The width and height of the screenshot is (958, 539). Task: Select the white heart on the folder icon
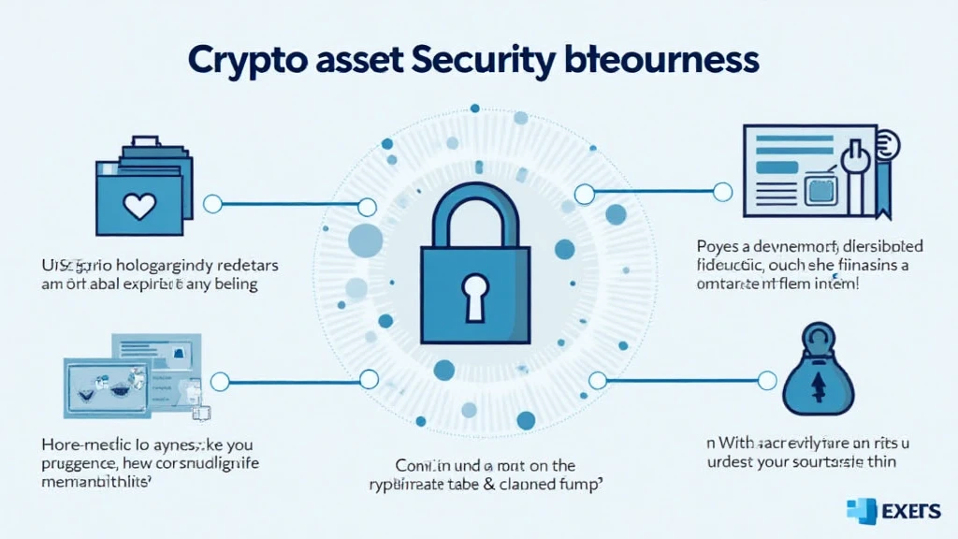(140, 205)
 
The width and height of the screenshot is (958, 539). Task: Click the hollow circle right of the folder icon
(212, 203)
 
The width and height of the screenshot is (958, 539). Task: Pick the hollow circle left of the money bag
(767, 380)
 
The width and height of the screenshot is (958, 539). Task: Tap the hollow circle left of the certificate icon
(722, 192)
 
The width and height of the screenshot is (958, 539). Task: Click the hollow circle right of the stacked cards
(220, 381)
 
